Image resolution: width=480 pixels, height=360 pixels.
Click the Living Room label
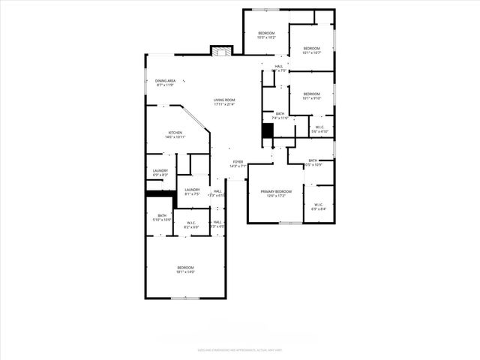pyautogui.click(x=224, y=100)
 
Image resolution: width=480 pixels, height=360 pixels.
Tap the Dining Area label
pyautogui.click(x=165, y=81)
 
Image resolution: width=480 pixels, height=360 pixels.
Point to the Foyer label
pyautogui.click(x=238, y=162)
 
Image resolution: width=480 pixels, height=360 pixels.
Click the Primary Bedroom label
pyautogui.click(x=276, y=192)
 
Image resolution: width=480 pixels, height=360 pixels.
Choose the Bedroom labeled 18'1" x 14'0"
pyautogui.click(x=185, y=268)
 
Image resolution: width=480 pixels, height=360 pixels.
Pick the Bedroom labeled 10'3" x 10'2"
pyautogui.click(x=266, y=33)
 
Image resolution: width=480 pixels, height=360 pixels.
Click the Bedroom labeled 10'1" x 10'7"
pyautogui.click(x=311, y=49)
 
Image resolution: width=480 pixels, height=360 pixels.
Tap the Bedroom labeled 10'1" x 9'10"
pyautogui.click(x=311, y=94)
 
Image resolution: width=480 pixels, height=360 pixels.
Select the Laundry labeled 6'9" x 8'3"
pyautogui.click(x=160, y=171)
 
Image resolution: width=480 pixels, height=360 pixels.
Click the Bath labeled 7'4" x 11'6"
pyautogui.click(x=279, y=114)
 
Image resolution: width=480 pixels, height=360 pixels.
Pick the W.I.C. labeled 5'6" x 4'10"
pyautogui.click(x=319, y=127)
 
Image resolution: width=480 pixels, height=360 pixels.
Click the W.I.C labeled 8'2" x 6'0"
pyautogui.click(x=191, y=223)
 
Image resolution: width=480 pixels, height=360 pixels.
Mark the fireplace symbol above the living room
pyautogui.click(x=221, y=52)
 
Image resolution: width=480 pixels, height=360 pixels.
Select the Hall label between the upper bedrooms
pyautogui.click(x=279, y=67)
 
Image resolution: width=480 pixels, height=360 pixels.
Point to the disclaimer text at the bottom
pyautogui.click(x=240, y=349)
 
